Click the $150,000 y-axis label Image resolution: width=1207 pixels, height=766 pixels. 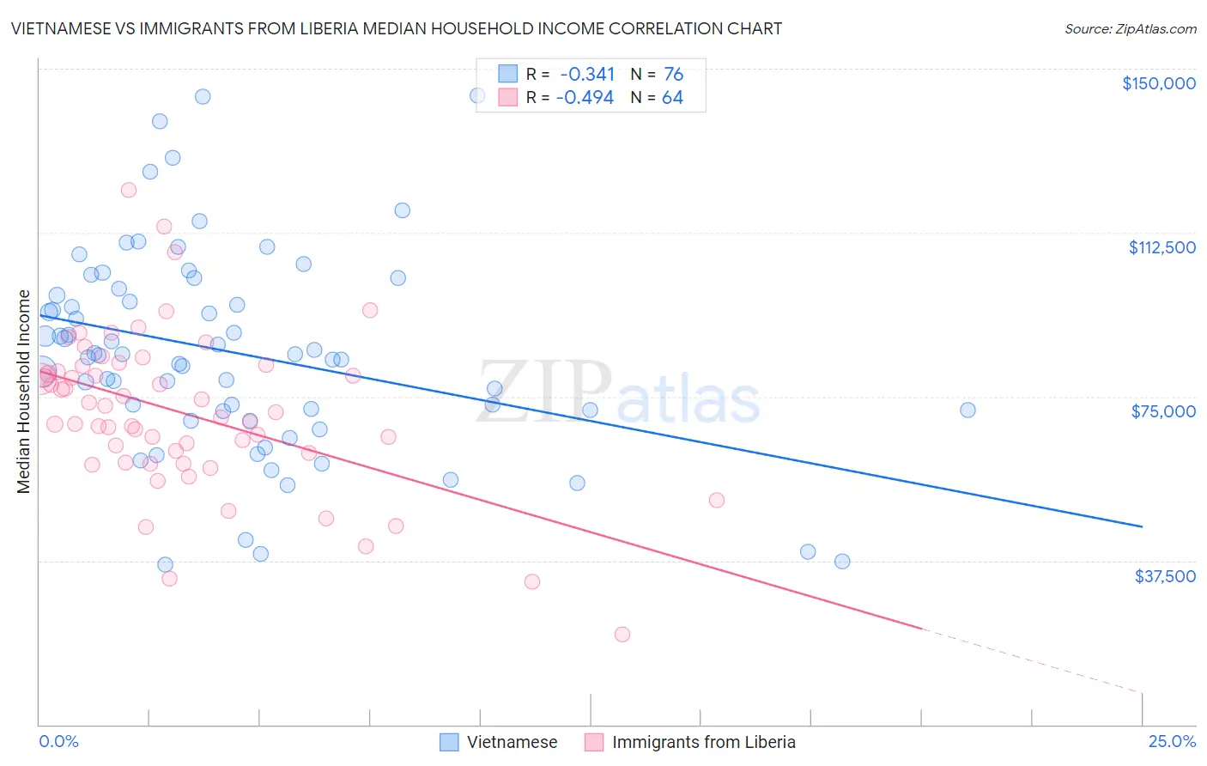1158,83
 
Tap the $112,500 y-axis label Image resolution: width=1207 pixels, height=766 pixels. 1162,247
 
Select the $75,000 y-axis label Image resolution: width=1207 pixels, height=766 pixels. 1163,411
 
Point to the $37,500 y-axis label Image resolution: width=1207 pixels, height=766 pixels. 1164,575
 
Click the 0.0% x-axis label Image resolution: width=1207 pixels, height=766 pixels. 58,741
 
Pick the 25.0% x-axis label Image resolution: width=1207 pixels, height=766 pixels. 1172,741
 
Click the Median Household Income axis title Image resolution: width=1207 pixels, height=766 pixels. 24,392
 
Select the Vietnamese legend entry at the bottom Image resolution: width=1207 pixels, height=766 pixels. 512,742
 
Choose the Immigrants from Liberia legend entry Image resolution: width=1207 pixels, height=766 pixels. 703,742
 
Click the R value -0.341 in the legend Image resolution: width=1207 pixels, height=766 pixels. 587,75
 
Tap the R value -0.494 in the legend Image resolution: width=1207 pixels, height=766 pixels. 585,98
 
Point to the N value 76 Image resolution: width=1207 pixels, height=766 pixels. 673,75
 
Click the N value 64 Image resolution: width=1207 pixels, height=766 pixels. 672,98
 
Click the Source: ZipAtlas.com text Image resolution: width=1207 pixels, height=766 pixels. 1130,28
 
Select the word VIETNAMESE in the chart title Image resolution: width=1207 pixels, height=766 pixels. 66,28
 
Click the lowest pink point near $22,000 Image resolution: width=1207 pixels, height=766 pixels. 622,635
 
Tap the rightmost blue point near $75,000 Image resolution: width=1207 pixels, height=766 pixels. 967,410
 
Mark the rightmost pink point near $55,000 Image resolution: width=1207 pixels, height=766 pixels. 717,500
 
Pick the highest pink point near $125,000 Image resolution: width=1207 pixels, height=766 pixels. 129,190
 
